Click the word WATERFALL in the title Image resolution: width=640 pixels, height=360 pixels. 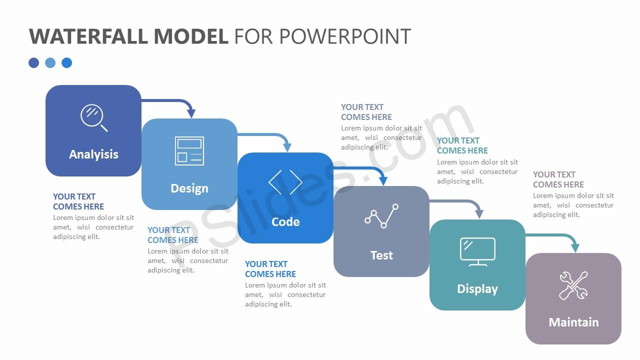tap(88, 36)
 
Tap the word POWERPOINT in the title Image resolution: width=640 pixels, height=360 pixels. tap(345, 36)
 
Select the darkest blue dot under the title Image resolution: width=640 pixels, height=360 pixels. tap(33, 63)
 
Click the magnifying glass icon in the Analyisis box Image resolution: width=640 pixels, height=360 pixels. tap(94, 117)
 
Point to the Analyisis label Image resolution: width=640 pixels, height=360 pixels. tap(93, 154)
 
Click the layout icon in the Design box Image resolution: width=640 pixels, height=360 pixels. tap(189, 151)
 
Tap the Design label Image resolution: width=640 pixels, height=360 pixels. tap(189, 188)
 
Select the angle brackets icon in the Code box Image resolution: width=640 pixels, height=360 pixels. tap(285, 182)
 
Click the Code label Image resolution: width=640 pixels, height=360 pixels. tap(285, 222)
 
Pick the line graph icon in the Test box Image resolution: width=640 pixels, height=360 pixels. tap(381, 216)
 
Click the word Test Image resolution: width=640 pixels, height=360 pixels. tap(381, 255)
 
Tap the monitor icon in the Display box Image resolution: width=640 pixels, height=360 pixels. tap(477, 252)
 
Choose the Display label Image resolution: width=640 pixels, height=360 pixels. tap(477, 289)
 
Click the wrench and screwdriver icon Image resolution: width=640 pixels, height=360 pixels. tap(573, 285)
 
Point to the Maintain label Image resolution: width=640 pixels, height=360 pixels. tap(573, 322)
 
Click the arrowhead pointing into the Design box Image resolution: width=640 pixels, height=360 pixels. tap(191, 113)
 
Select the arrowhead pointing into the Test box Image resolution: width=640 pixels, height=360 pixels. tap(383, 181)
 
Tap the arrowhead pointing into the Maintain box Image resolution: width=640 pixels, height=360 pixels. tap(575, 247)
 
